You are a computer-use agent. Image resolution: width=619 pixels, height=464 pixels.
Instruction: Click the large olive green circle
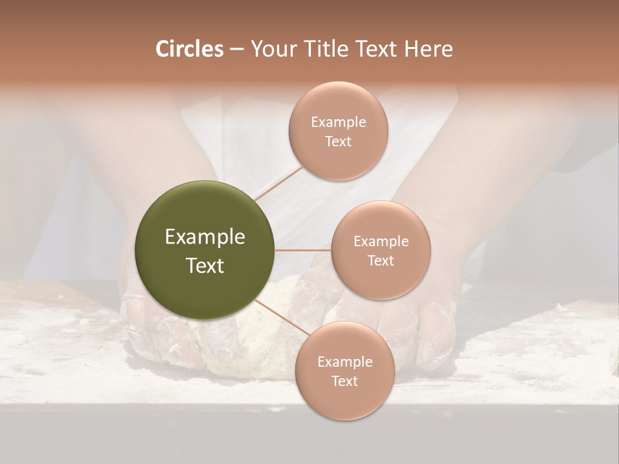click(x=205, y=250)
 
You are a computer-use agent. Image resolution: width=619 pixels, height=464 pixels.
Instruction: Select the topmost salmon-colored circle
click(x=338, y=131)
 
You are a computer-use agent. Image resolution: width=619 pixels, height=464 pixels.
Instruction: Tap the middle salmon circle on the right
click(x=380, y=250)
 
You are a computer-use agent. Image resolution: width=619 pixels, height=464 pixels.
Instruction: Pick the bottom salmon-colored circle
click(x=344, y=371)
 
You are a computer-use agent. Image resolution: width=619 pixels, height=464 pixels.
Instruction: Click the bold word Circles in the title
click(x=189, y=49)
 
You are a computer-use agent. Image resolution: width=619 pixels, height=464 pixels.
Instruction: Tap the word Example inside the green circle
click(x=205, y=237)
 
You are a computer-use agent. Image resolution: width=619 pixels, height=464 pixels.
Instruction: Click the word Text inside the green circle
click(x=205, y=265)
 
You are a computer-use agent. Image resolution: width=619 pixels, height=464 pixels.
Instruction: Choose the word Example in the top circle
click(x=338, y=122)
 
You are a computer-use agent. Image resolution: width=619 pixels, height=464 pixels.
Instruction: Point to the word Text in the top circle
click(x=338, y=141)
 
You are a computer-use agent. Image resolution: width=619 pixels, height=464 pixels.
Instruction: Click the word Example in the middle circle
click(x=380, y=241)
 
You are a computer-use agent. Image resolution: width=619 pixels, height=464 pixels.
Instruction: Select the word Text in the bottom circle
click(x=344, y=381)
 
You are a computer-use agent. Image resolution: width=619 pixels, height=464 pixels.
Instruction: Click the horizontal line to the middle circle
click(x=303, y=250)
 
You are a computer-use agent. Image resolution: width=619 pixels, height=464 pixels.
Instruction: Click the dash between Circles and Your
click(x=236, y=50)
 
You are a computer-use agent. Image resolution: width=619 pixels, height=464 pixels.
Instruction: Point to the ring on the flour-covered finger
click(x=133, y=298)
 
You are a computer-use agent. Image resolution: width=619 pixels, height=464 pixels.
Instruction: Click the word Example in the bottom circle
click(x=344, y=362)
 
